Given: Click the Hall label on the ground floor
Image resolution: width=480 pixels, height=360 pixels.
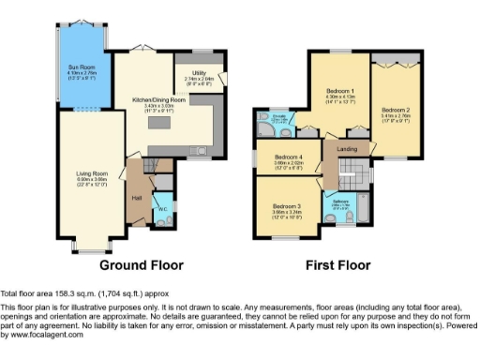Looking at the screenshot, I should tap(136, 198).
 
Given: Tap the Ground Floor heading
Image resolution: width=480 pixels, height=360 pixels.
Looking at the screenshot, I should tap(142, 265).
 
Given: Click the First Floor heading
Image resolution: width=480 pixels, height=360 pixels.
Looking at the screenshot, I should tap(336, 265).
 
